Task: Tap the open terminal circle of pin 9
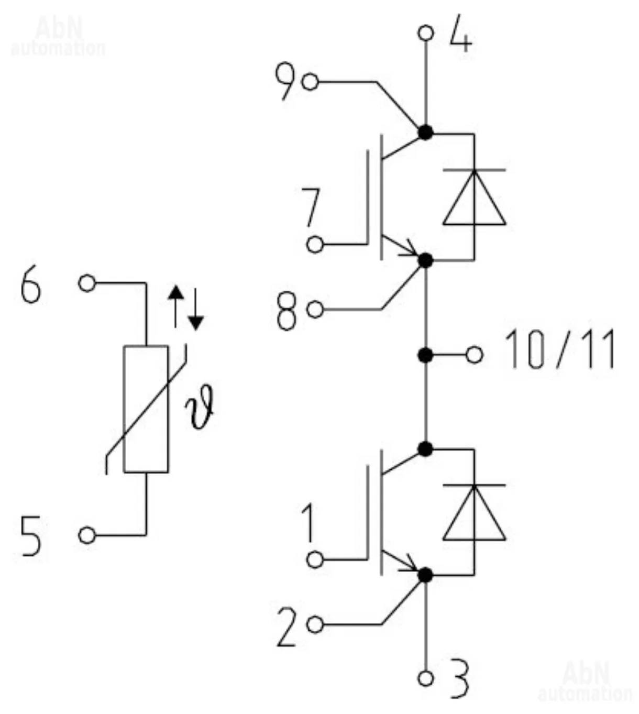click(311, 82)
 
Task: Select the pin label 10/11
click(559, 350)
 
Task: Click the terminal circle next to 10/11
click(475, 356)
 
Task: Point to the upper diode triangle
click(474, 199)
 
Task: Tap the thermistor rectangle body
click(146, 409)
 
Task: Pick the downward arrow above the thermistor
click(195, 310)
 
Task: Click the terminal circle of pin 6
click(87, 283)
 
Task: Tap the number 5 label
click(30, 535)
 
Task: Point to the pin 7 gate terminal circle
click(315, 244)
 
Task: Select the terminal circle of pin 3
click(426, 678)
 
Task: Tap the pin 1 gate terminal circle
click(315, 559)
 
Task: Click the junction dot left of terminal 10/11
click(426, 356)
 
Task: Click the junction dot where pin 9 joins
click(425, 133)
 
